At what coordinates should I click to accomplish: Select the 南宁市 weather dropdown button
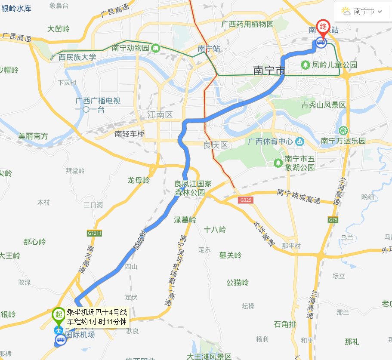coord(362,12)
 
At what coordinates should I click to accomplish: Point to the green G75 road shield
coord(333,220)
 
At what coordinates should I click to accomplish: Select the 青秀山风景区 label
coord(323,105)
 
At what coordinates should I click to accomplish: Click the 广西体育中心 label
coord(271,142)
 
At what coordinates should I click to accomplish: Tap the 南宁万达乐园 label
coord(343,141)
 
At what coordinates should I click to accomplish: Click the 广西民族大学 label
coord(74,57)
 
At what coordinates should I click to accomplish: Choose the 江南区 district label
coord(159,115)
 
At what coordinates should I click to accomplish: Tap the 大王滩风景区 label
coord(209,356)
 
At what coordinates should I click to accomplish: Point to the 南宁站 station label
coord(209,49)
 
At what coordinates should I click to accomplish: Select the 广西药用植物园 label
coord(247,24)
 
